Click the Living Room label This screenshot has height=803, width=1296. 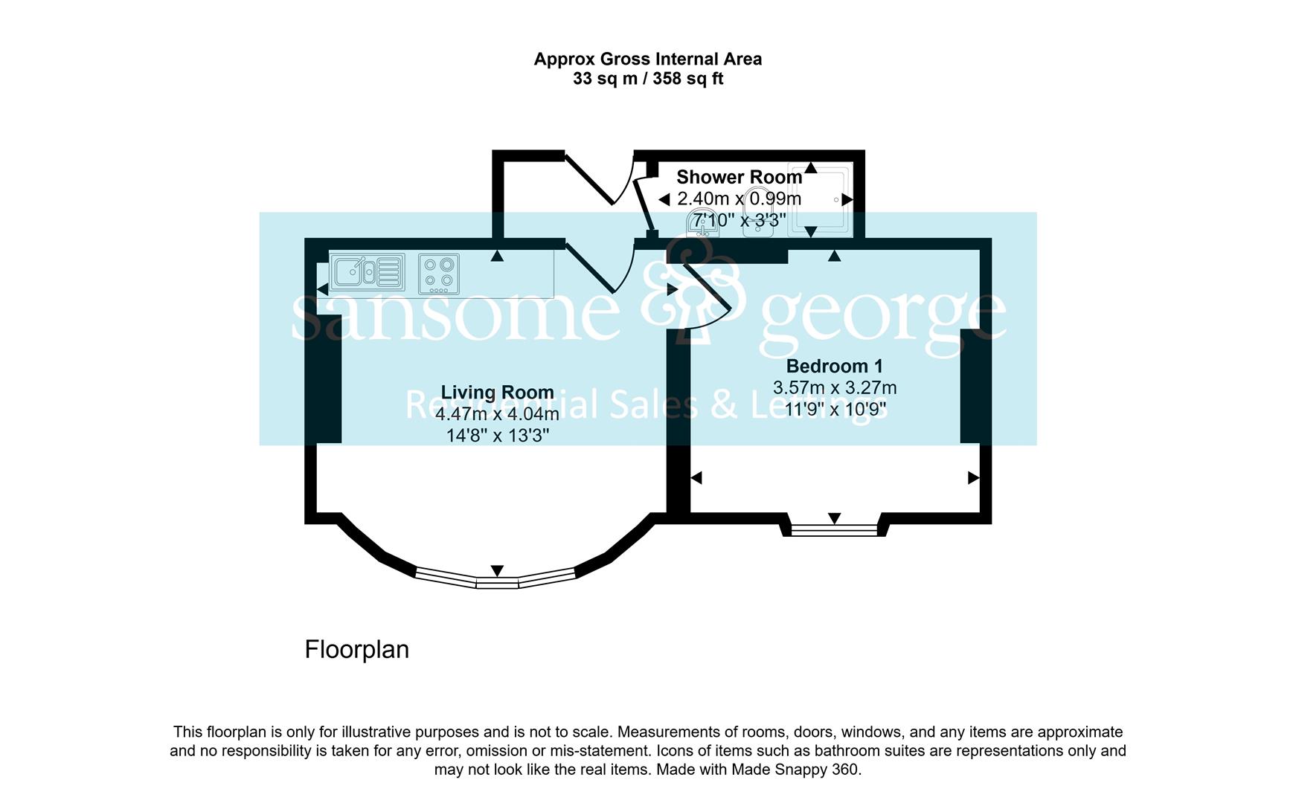point(497,393)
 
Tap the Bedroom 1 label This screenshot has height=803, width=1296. point(834,366)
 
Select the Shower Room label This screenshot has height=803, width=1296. point(739,177)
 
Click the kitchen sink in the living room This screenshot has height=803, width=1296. point(368,272)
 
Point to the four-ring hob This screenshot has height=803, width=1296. point(438,274)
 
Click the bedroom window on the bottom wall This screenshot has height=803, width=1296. point(834,530)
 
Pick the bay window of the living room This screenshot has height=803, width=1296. point(496,579)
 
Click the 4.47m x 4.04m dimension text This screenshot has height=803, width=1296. point(497,414)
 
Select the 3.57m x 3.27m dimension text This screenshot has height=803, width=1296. point(835,387)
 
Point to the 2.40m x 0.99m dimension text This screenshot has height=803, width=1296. point(740,199)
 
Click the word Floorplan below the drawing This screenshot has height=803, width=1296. point(357,650)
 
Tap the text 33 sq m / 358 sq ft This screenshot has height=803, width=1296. point(648,79)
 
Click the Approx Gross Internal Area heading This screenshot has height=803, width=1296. point(648,59)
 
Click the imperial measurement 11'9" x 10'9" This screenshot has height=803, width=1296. point(835,409)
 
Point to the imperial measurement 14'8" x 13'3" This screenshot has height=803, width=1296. point(498,435)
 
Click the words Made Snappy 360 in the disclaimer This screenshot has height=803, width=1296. point(795,770)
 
